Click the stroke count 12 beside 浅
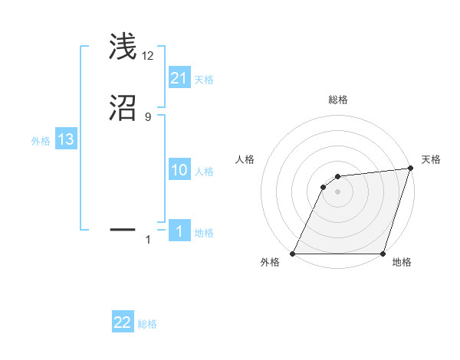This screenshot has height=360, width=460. [148, 56]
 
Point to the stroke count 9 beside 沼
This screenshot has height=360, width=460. [147, 117]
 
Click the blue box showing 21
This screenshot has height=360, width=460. [179, 77]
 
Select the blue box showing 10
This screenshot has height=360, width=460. [179, 170]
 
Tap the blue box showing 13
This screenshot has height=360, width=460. [65, 139]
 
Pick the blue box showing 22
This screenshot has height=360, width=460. [123, 322]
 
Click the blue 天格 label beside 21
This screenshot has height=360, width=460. [204, 80]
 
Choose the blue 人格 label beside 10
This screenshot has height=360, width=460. [204, 172]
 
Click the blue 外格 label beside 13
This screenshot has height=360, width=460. [41, 141]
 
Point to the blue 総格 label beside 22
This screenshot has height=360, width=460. [147, 325]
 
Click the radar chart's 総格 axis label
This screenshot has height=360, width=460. [338, 100]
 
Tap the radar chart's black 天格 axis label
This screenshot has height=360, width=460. [431, 159]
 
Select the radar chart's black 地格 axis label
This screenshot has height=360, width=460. [402, 262]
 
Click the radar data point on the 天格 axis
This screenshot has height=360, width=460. [411, 169]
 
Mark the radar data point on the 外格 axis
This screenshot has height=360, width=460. [293, 254]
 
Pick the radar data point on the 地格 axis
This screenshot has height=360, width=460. [383, 254]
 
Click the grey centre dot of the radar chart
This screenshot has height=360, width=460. [338, 191]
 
